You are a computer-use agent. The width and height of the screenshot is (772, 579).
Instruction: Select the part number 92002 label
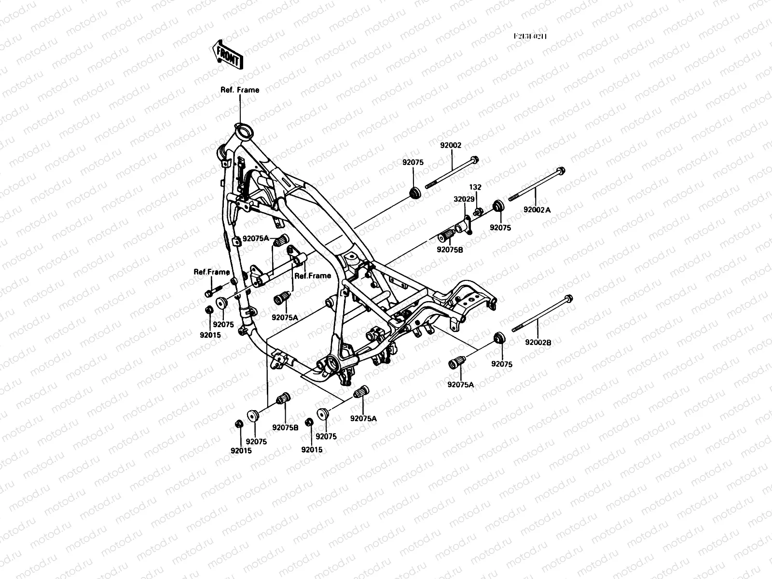[x=451, y=145]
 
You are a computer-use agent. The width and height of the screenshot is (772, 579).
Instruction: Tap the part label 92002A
[x=537, y=209]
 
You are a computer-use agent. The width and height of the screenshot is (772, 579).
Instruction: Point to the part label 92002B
[x=538, y=342]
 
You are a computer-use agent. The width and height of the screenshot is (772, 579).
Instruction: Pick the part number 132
[x=476, y=187]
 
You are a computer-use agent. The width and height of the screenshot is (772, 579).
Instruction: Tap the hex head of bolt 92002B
[x=568, y=299]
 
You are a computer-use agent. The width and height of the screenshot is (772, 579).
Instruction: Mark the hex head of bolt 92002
[x=474, y=160]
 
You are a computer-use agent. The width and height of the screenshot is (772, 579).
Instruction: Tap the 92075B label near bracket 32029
[x=450, y=249]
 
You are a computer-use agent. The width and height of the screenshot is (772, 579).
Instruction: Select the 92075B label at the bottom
[x=285, y=427]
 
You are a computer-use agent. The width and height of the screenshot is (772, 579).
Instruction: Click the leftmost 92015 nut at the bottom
[x=238, y=424]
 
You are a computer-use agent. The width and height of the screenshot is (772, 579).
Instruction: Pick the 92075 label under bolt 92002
[x=413, y=163]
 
